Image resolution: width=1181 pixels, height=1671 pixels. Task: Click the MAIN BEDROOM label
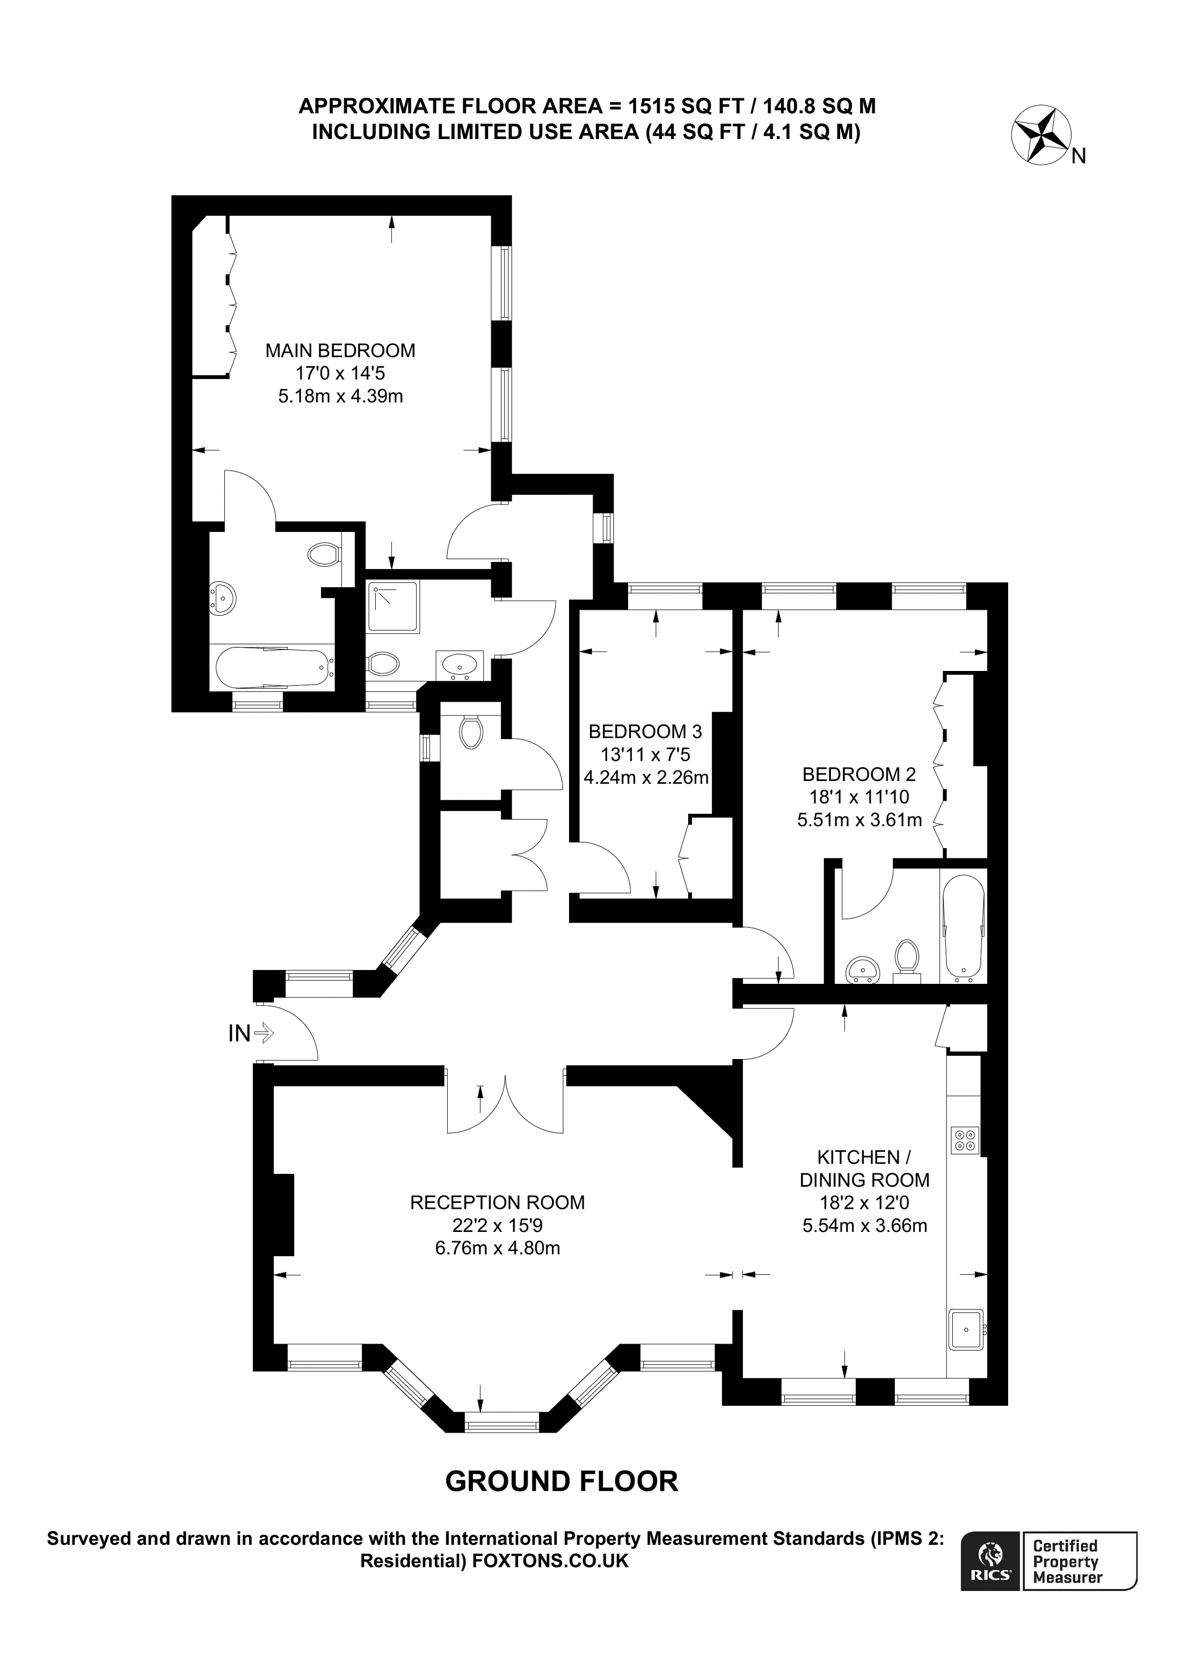[340, 351]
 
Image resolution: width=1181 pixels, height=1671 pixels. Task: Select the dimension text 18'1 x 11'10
[859, 797]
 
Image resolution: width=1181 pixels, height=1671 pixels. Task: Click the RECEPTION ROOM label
[497, 1202]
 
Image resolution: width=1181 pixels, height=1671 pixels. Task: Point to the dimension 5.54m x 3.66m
[864, 1225]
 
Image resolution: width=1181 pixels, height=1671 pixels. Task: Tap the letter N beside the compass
[1079, 157]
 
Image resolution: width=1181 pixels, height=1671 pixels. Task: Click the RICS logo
[989, 1560]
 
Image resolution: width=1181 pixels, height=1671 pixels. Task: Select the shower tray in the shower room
[393, 606]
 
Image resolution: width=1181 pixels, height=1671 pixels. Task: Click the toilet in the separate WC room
[471, 732]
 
